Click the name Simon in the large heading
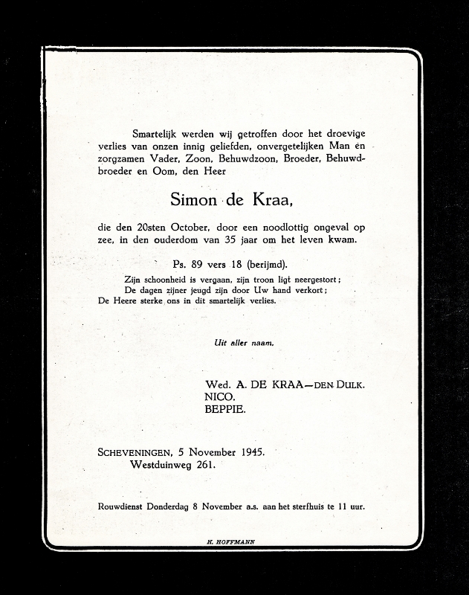[x=193, y=199]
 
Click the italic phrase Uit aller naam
[x=244, y=343]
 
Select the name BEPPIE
[x=227, y=409]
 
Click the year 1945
[x=249, y=452]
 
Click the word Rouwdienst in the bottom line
[x=122, y=506]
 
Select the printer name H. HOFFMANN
[x=230, y=542]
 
